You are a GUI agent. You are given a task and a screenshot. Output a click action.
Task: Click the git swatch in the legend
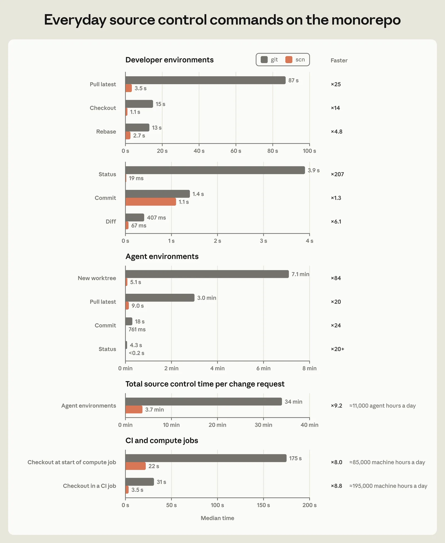(x=264, y=60)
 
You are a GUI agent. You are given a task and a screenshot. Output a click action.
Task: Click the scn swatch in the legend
(x=289, y=60)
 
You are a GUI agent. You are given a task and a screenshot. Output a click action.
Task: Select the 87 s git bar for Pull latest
(x=206, y=80)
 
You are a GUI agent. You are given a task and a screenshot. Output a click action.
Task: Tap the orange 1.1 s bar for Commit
(x=151, y=202)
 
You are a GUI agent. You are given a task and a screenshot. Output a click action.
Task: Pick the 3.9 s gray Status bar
(x=215, y=170)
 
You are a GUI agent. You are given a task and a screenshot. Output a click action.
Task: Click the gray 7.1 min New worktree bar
(x=207, y=274)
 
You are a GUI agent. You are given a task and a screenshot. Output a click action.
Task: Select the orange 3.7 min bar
(x=134, y=409)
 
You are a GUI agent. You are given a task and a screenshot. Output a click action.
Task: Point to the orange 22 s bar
(x=135, y=466)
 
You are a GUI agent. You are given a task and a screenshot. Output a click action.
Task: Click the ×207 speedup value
(x=337, y=174)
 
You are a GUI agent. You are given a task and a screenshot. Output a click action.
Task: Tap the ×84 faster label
(x=336, y=278)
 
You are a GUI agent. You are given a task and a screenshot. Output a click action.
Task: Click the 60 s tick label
(x=236, y=151)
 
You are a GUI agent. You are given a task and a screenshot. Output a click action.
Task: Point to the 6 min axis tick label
(x=263, y=368)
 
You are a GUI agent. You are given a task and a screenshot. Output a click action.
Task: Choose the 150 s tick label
(x=263, y=505)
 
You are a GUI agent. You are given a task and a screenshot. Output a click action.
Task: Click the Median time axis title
(x=217, y=518)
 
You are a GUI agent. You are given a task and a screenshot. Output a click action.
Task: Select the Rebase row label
(x=106, y=132)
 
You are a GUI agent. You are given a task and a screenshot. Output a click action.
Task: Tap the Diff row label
(x=111, y=221)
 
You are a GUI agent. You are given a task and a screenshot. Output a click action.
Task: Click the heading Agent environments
(x=162, y=256)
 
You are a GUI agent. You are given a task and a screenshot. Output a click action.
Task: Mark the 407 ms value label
(x=156, y=218)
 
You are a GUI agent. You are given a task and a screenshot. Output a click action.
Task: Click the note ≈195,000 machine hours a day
(x=388, y=486)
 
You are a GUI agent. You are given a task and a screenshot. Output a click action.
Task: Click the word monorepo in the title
(x=366, y=20)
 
